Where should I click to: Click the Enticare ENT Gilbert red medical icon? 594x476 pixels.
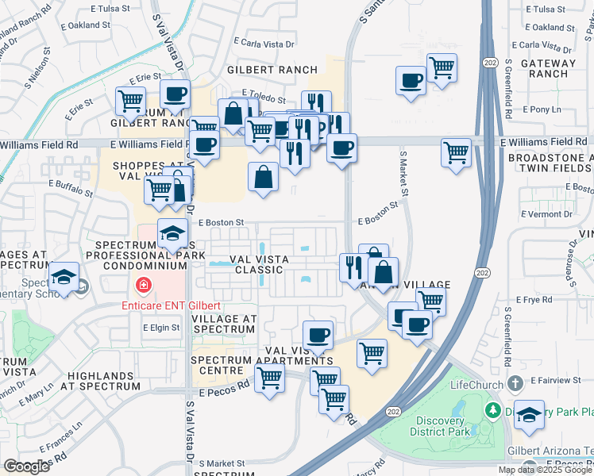click(144, 285)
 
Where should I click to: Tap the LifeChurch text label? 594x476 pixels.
click(477, 385)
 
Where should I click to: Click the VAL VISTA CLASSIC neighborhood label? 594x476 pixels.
click(256, 264)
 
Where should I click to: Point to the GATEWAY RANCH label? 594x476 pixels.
click(544, 68)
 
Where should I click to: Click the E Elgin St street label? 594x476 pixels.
click(163, 327)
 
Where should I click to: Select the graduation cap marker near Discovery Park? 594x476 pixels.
click(528, 416)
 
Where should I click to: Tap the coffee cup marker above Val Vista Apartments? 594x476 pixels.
click(318, 335)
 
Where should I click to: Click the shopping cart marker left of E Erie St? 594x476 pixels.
click(130, 102)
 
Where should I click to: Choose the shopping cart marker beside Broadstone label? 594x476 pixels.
click(456, 152)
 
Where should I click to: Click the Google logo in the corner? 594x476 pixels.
click(27, 466)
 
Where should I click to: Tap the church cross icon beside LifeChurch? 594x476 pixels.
click(515, 384)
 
